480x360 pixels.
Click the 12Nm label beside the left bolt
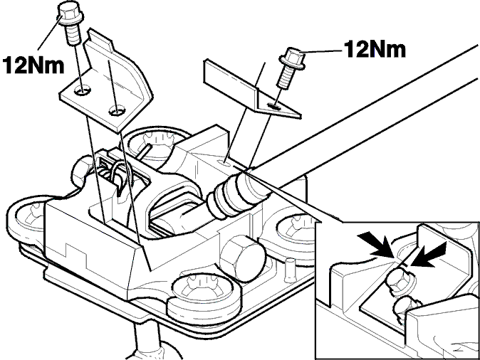[33, 65]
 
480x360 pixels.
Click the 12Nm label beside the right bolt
[375, 50]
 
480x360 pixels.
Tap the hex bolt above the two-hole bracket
[70, 23]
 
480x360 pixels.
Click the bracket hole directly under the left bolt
[83, 90]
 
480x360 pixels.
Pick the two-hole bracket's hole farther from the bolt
[117, 110]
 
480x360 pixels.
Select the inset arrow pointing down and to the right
[377, 244]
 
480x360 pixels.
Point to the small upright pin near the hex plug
[289, 270]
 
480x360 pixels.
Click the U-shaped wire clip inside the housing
[121, 177]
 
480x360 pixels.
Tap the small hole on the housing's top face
[225, 162]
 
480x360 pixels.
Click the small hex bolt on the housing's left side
[80, 172]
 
